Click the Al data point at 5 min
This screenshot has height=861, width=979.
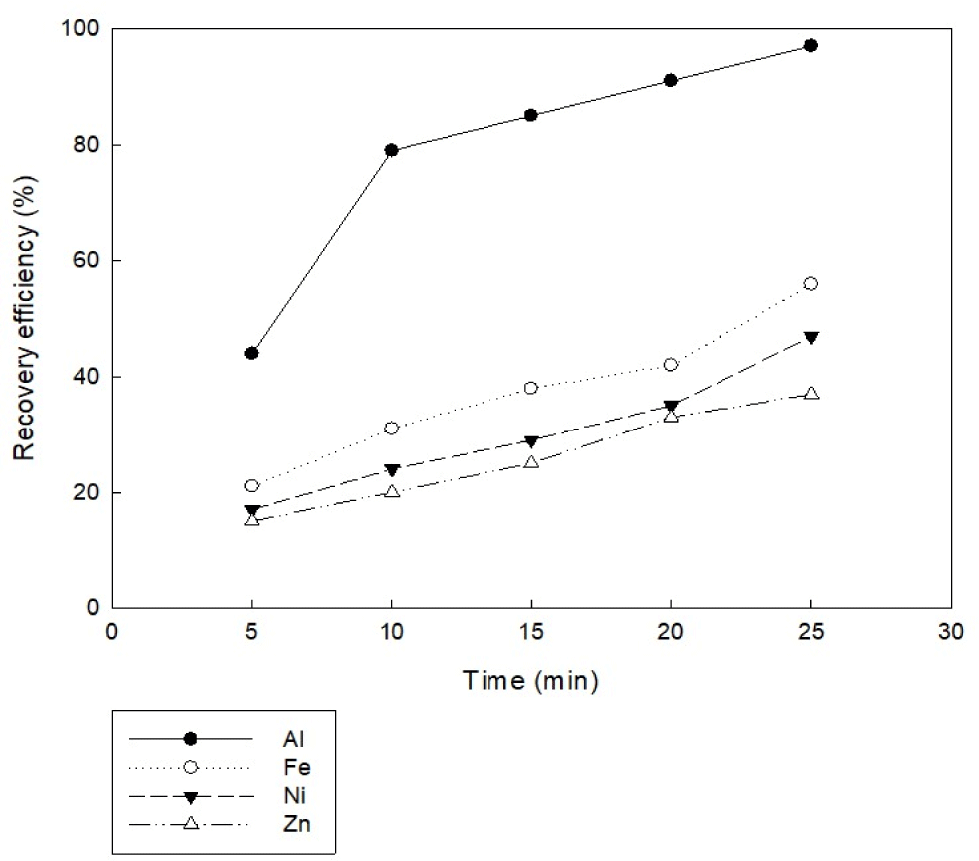[251, 353]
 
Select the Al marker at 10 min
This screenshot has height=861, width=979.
[392, 150]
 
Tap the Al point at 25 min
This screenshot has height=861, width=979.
[811, 45]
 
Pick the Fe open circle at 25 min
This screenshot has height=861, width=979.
[811, 283]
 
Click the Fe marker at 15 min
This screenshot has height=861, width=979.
[531, 388]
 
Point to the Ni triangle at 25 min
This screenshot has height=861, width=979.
[811, 337]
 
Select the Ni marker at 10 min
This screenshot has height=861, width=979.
[392, 469]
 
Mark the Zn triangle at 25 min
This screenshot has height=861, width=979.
[811, 393]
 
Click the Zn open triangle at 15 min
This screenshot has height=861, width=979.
[531, 462]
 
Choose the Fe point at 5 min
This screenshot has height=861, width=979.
[251, 486]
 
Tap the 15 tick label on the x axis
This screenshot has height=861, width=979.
[531, 632]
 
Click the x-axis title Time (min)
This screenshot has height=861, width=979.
[530, 682]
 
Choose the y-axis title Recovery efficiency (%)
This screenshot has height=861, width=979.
[26, 319]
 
